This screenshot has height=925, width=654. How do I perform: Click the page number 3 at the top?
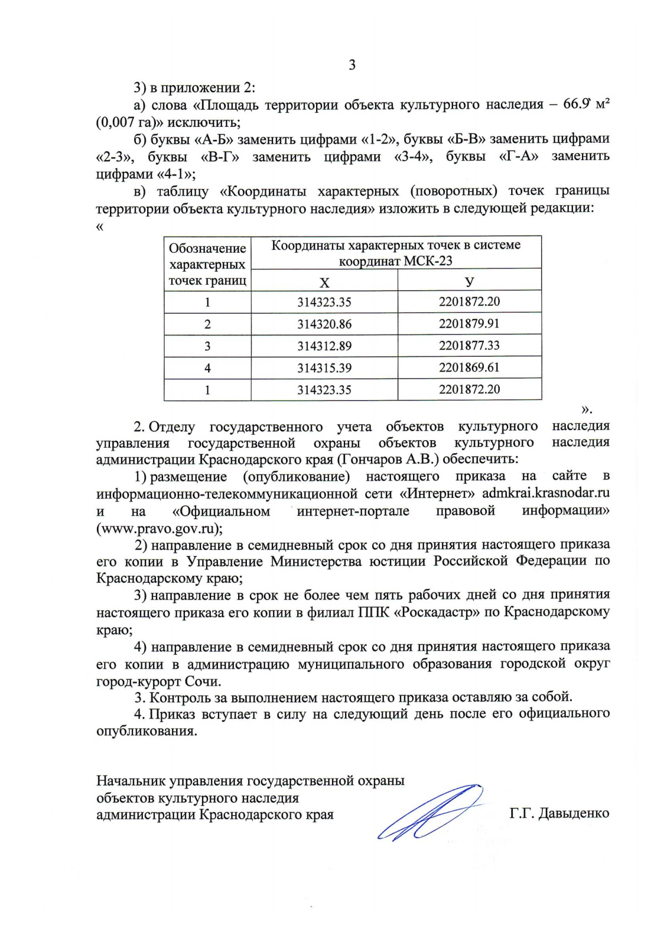click(x=352, y=65)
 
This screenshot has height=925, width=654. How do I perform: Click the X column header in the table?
click(x=324, y=282)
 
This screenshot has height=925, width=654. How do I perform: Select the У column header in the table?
click(x=469, y=282)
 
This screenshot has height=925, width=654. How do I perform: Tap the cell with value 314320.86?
click(x=324, y=325)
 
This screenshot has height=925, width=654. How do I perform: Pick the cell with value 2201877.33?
click(x=469, y=345)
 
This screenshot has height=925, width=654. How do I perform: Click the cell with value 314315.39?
click(x=324, y=368)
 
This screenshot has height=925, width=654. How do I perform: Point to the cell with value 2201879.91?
click(x=469, y=324)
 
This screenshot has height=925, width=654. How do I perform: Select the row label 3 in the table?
click(x=207, y=346)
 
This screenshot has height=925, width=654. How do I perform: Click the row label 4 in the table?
click(x=207, y=368)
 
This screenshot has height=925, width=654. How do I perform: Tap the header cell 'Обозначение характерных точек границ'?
click(x=207, y=264)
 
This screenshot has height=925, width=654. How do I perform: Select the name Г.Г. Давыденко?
click(x=559, y=814)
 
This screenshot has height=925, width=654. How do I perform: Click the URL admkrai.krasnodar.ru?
click(x=546, y=494)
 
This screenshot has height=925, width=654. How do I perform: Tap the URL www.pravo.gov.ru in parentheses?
click(x=159, y=528)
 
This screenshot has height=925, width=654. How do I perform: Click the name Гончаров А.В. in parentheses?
click(x=387, y=459)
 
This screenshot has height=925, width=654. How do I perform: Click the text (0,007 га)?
click(x=126, y=122)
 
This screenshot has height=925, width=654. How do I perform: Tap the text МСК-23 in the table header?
click(x=428, y=261)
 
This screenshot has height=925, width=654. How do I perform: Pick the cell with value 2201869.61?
click(x=469, y=367)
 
